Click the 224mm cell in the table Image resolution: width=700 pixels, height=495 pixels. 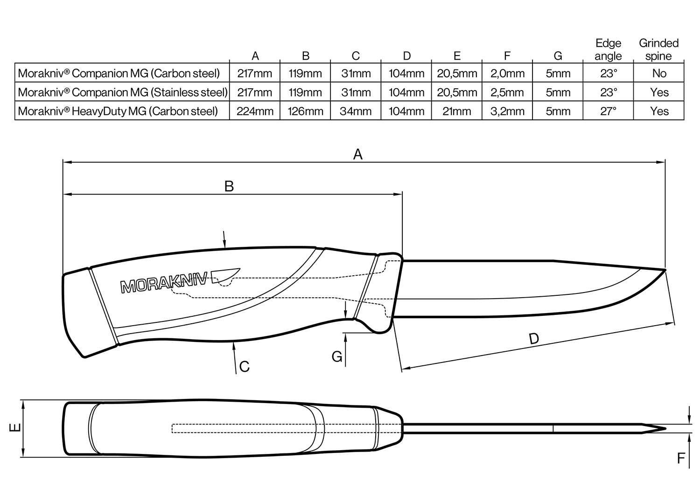click(x=255, y=112)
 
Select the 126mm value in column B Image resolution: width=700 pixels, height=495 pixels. click(x=305, y=112)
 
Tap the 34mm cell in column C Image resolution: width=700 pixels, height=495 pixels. click(x=356, y=112)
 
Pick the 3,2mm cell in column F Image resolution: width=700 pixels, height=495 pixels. click(x=507, y=112)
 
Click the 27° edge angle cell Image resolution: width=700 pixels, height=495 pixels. click(x=608, y=112)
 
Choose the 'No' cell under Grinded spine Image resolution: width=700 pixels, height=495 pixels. click(x=659, y=73)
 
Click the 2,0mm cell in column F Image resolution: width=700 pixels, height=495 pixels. click(x=507, y=73)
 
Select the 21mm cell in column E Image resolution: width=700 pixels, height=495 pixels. click(x=457, y=112)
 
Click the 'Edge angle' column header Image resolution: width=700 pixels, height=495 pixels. click(x=608, y=49)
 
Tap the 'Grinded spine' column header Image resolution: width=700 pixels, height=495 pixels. click(x=658, y=49)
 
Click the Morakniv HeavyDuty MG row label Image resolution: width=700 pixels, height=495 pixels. click(x=118, y=112)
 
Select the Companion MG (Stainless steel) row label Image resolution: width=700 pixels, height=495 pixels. click(x=123, y=92)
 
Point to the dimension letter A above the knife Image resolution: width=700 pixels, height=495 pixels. click(x=357, y=154)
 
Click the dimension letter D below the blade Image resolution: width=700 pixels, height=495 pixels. click(x=534, y=338)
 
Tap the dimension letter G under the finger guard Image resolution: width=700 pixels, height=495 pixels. click(x=337, y=356)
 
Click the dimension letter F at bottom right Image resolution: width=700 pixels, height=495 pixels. click(x=681, y=459)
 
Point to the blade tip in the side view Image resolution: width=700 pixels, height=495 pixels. click(x=664, y=270)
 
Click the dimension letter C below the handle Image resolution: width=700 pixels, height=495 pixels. click(x=244, y=367)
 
